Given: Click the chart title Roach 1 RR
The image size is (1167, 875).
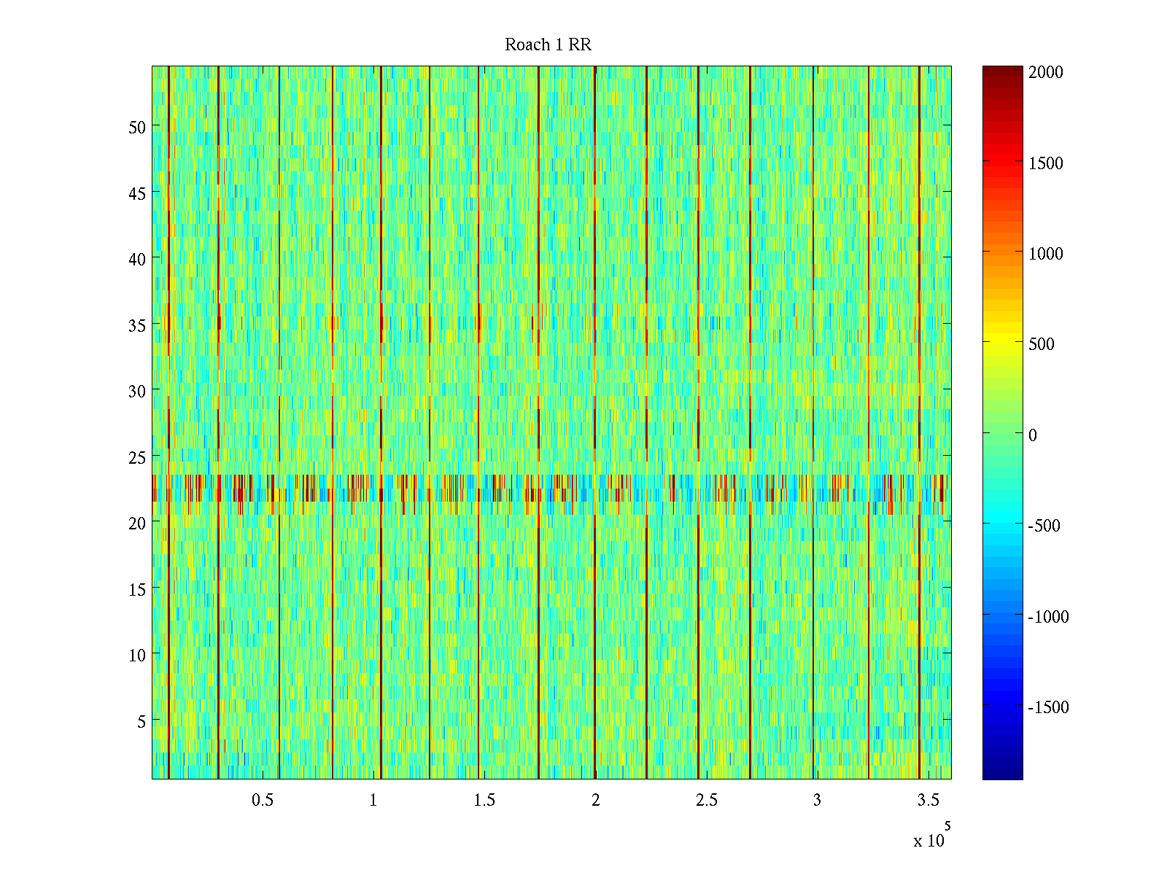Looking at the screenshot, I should click(x=548, y=45).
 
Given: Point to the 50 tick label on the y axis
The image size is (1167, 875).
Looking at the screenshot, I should click(x=136, y=127).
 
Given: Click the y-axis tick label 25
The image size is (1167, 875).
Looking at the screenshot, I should click(x=136, y=457).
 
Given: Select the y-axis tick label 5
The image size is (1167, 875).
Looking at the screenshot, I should click(x=141, y=721).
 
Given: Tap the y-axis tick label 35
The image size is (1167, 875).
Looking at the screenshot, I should click(x=136, y=325).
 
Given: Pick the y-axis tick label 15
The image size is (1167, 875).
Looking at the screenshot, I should click(x=136, y=589).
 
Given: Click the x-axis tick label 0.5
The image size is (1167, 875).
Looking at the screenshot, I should click(x=263, y=800).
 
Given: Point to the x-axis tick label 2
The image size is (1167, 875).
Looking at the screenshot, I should click(x=596, y=800).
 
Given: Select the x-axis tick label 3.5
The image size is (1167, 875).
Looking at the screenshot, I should click(x=928, y=800).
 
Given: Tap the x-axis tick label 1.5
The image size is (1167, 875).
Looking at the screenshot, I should click(x=484, y=800).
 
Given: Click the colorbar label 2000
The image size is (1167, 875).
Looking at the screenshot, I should click(x=1045, y=72).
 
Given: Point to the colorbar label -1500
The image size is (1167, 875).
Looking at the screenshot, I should click(x=1048, y=707).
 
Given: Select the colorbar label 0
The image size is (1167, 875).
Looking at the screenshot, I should click(x=1032, y=435).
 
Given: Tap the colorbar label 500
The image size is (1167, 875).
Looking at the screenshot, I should click(x=1041, y=344).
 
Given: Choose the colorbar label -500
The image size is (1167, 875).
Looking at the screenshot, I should click(x=1044, y=526).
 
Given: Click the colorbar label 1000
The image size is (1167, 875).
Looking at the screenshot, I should click(x=1045, y=254).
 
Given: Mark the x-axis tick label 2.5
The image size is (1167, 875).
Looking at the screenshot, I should click(x=706, y=800).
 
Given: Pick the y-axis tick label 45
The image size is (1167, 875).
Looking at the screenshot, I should click(x=136, y=193).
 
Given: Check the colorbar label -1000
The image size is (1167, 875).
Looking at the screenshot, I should click(x=1048, y=617).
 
